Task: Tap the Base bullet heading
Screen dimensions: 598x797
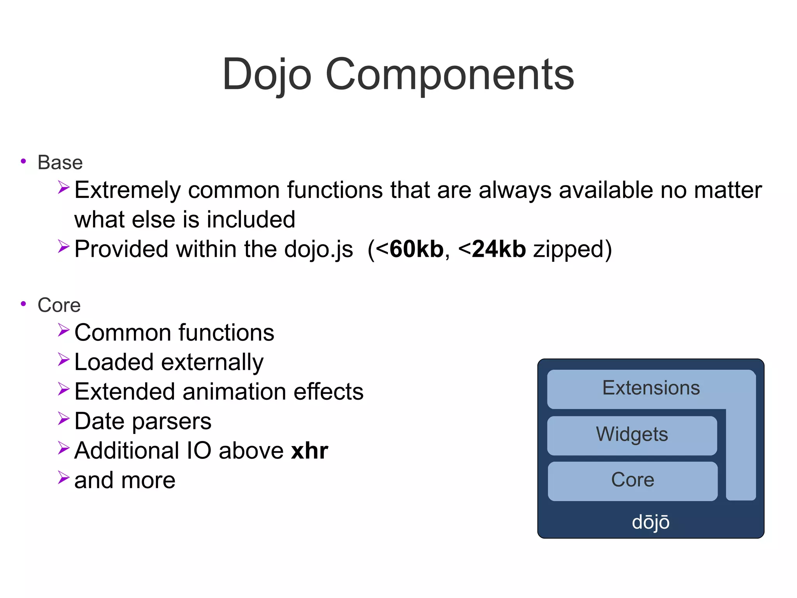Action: [x=60, y=162]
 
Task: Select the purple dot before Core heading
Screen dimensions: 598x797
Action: [x=23, y=303]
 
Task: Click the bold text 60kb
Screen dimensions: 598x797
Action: [x=416, y=249]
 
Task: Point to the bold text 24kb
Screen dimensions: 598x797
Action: [x=499, y=249]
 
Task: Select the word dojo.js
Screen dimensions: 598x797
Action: [x=318, y=249]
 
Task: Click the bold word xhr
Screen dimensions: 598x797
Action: [x=309, y=451]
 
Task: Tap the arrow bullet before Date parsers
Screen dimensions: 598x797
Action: [x=63, y=418]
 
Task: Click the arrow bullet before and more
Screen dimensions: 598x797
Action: [x=63, y=477]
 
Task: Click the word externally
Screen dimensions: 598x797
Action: [x=212, y=362]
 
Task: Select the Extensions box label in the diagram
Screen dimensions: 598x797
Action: [x=651, y=388]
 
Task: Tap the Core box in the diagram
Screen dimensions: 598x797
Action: [x=632, y=480]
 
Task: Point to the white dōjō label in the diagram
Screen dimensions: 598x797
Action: [x=650, y=522]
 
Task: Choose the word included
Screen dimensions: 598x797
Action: [x=251, y=219]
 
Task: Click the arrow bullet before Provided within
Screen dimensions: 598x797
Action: [x=63, y=246]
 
